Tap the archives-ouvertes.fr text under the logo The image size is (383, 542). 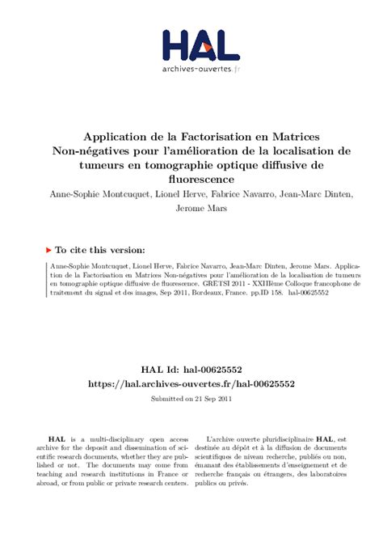[x=200, y=70]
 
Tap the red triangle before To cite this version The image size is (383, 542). [x=48, y=251]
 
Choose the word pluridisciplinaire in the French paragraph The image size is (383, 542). [x=286, y=437]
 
